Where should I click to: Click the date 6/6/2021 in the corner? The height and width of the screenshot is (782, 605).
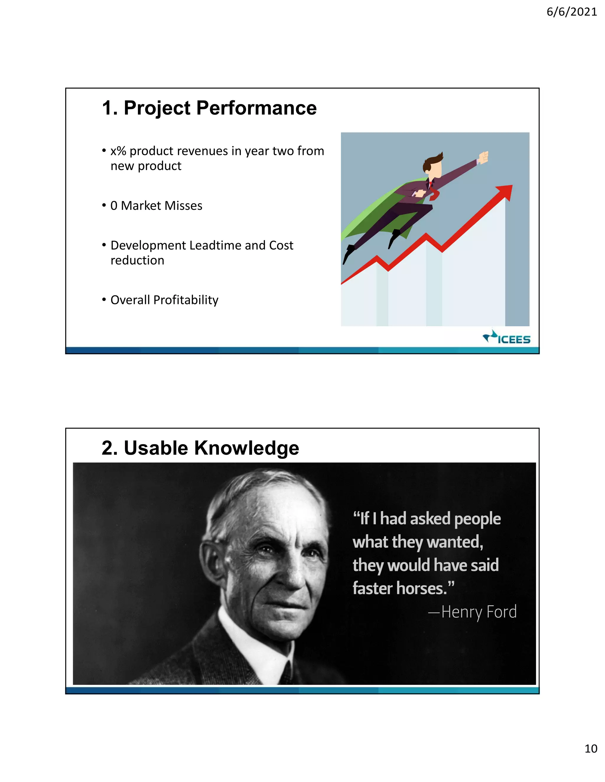(x=571, y=12)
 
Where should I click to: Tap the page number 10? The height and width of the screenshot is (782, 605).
(x=591, y=748)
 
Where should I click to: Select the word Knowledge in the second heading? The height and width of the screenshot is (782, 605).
(x=247, y=448)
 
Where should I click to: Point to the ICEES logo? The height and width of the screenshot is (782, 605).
(x=507, y=337)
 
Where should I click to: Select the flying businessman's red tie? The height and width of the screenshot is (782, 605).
(x=434, y=192)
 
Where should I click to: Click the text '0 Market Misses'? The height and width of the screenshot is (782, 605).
(x=156, y=206)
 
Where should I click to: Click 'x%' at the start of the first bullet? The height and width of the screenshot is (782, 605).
(x=118, y=151)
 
